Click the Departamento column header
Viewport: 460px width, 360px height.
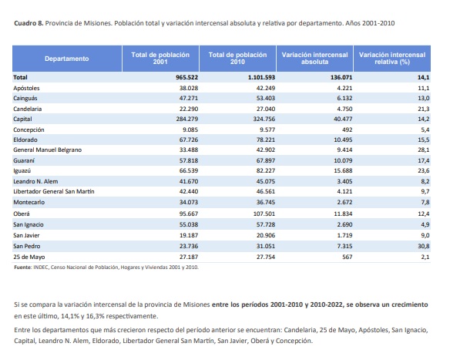(66, 59)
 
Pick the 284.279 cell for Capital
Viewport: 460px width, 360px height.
(176, 119)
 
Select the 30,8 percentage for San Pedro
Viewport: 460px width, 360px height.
(422, 244)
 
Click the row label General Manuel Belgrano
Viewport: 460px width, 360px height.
(47, 150)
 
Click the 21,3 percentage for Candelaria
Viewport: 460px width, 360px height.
(422, 109)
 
